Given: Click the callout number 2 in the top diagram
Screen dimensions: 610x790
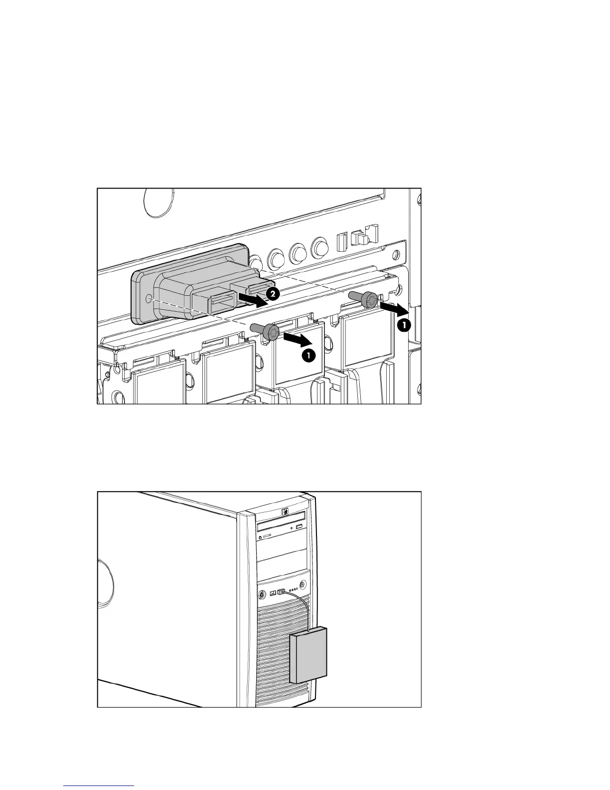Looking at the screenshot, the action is pyautogui.click(x=272, y=294).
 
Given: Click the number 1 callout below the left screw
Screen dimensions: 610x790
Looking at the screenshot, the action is pyautogui.click(x=309, y=356).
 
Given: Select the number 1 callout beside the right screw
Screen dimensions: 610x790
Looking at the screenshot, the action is pyautogui.click(x=404, y=325).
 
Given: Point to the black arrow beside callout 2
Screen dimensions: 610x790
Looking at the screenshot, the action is pyautogui.click(x=252, y=299).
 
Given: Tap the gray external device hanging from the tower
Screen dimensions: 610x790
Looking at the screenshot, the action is pyautogui.click(x=308, y=655).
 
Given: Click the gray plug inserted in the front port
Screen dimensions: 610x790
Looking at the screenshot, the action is pyautogui.click(x=281, y=592).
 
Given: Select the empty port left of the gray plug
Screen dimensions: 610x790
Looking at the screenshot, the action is pyautogui.click(x=273, y=593).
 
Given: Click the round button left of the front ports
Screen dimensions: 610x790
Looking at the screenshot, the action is pyautogui.click(x=262, y=594).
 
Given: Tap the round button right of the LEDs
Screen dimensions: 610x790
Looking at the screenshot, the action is pyautogui.click(x=302, y=584).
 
